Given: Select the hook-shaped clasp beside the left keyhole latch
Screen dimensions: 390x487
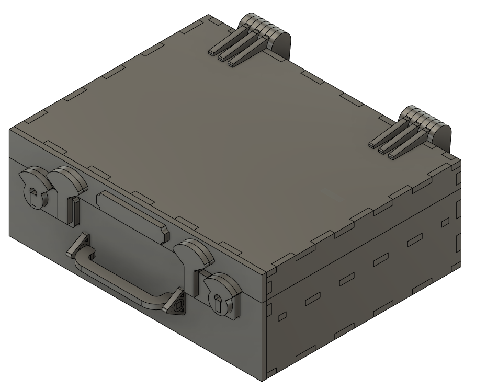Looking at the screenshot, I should click(x=68, y=193).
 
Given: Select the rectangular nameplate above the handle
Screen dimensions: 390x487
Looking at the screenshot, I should click(x=131, y=212).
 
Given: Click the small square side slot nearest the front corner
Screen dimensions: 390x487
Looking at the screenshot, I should click(x=282, y=316).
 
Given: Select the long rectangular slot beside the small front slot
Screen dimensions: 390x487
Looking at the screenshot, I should click(x=313, y=298).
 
